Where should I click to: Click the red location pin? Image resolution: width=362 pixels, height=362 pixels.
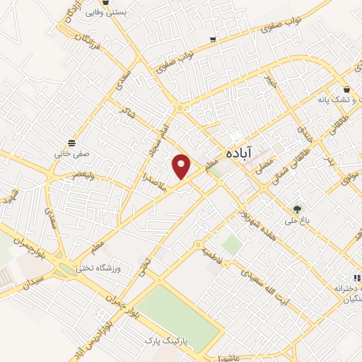182,165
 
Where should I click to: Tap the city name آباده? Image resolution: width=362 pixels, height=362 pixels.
239,153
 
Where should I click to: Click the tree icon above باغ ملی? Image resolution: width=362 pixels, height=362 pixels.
298,209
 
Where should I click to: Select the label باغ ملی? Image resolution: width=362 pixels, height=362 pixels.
297,221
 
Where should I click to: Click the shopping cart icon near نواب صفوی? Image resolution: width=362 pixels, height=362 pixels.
213,40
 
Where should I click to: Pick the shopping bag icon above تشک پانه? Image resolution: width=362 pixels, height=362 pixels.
346,90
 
